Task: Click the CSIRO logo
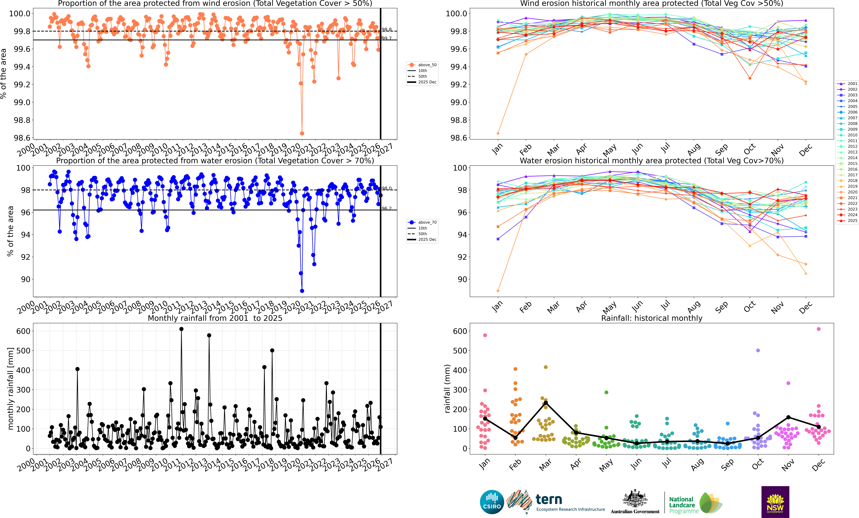pyautogui.click(x=492, y=502)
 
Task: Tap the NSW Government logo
pyautogui.click(x=775, y=502)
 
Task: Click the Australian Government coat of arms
pyautogui.click(x=635, y=499)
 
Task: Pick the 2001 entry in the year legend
pyautogui.click(x=852, y=84)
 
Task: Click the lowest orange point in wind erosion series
pyautogui.click(x=302, y=133)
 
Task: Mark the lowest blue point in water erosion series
pyautogui.click(x=302, y=291)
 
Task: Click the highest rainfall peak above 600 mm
pyautogui.click(x=181, y=329)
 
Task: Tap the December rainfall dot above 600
pyautogui.click(x=819, y=329)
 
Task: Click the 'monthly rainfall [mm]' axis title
pyautogui.click(x=10, y=388)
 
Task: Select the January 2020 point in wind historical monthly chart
pyautogui.click(x=498, y=133)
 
